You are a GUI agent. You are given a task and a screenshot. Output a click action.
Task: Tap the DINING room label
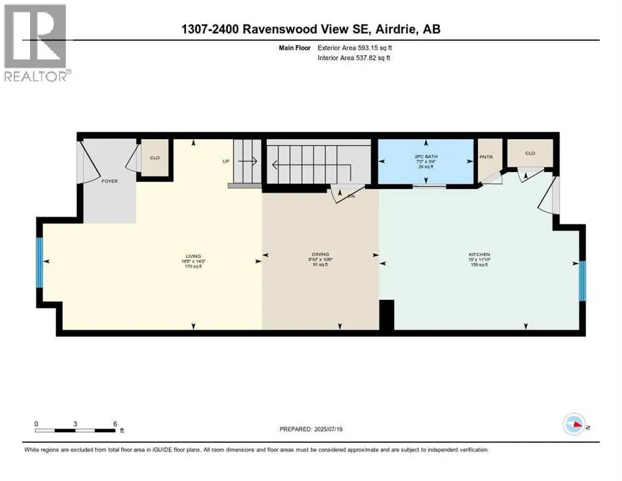(319, 254)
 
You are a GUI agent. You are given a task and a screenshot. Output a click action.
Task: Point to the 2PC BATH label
(426, 157)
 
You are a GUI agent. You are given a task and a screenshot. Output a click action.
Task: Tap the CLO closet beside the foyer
(155, 157)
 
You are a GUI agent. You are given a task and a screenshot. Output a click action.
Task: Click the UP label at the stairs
(226, 161)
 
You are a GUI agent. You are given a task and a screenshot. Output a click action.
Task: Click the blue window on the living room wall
(39, 262)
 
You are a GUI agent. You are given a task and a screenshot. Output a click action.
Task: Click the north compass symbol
(575, 425)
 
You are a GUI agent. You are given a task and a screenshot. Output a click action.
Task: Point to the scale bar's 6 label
(115, 424)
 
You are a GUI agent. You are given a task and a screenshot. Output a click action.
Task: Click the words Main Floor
(295, 47)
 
